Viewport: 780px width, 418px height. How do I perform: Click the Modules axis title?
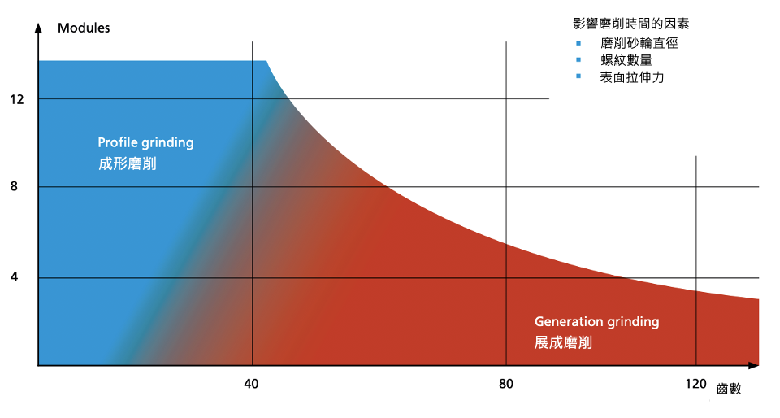tap(84, 28)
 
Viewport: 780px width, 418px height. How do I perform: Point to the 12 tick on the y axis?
tap(17, 99)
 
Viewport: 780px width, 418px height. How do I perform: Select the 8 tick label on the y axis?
tap(14, 187)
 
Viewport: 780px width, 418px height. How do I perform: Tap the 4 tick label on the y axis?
tap(14, 278)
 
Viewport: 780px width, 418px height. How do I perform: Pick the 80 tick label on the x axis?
tap(505, 383)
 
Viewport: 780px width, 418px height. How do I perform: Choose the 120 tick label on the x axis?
tap(695, 383)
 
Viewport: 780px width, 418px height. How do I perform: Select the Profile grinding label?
tap(145, 142)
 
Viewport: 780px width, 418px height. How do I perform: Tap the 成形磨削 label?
tap(128, 163)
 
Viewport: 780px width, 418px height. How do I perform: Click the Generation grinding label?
tap(596, 321)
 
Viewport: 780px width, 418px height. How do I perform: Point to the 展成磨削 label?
tap(563, 342)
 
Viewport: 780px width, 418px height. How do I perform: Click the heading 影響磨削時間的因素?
tap(624, 24)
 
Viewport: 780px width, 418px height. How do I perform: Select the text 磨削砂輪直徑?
tap(639, 42)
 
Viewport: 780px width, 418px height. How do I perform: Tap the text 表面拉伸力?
tap(632, 77)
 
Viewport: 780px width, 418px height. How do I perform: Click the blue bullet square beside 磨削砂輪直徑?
tap(578, 42)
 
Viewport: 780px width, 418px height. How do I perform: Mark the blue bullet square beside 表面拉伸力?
tap(578, 77)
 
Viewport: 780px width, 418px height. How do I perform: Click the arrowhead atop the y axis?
tap(38, 27)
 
